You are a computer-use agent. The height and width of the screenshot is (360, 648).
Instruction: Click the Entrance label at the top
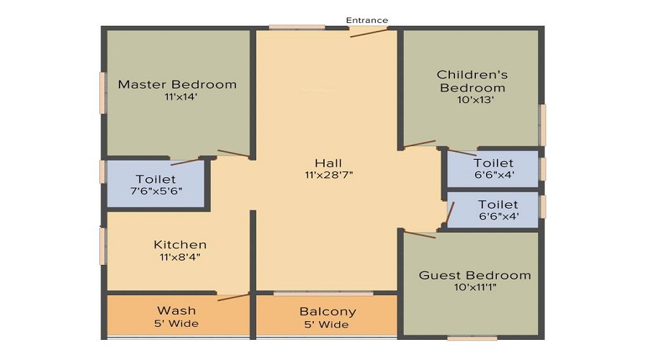(x=366, y=20)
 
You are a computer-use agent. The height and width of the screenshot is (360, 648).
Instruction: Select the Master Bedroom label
(x=177, y=84)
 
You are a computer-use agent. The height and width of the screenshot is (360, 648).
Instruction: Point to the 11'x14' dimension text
(x=177, y=97)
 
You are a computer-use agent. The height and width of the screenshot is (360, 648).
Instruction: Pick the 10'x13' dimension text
(x=472, y=100)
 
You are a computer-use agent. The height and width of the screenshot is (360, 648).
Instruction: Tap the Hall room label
(x=328, y=162)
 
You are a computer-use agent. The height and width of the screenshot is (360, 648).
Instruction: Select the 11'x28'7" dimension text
(x=328, y=174)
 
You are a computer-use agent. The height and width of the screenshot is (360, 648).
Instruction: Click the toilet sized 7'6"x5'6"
(x=156, y=185)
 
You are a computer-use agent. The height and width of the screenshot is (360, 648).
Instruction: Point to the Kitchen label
(x=180, y=245)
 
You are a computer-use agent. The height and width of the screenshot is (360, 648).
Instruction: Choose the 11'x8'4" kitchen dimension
(x=180, y=257)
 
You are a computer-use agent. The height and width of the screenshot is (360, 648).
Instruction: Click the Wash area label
(x=177, y=310)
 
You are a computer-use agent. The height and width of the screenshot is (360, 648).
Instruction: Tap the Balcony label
(x=328, y=312)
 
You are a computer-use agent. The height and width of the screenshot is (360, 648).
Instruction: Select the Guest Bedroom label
(x=474, y=275)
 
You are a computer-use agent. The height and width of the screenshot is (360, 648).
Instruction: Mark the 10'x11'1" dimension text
(x=474, y=288)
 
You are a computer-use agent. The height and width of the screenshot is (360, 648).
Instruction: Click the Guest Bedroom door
(x=419, y=233)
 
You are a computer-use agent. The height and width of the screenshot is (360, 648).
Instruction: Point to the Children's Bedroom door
(x=419, y=144)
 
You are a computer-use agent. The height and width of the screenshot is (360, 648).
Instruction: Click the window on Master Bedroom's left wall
(x=103, y=91)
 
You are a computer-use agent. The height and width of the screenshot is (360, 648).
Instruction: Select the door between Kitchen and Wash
(x=233, y=295)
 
